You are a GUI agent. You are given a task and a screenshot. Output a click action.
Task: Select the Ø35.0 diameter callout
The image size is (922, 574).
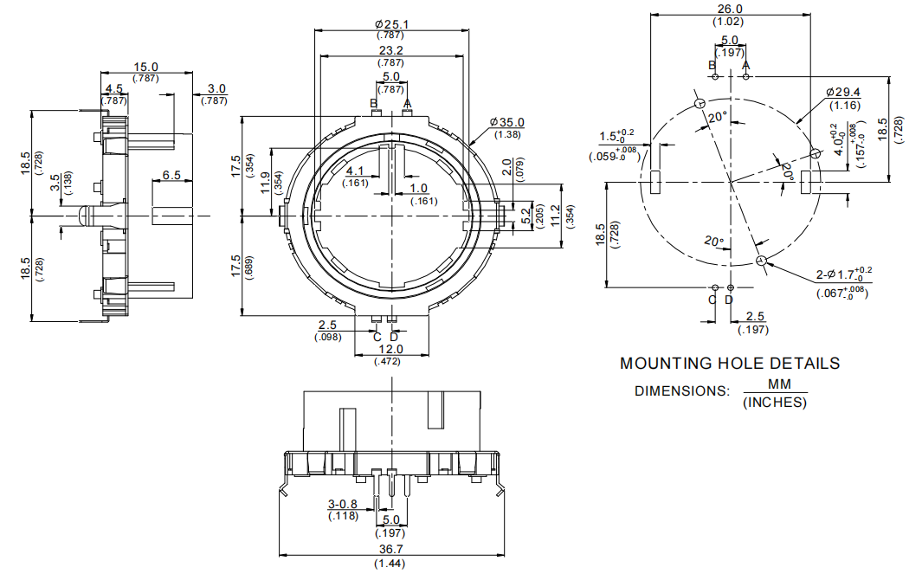pos(506,122)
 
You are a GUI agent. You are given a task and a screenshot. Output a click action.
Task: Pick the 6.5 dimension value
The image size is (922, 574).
pos(171,175)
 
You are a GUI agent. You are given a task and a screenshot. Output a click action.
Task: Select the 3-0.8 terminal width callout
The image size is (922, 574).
pos(344,505)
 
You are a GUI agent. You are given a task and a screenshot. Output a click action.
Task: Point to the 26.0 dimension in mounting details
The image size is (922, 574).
pos(732,8)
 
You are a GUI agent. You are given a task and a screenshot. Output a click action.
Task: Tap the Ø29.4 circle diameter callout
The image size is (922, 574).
pos(843,92)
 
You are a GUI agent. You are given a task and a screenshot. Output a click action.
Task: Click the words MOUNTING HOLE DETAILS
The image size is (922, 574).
pos(729,364)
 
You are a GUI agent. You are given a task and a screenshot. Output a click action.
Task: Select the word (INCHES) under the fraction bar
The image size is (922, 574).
pos(775,403)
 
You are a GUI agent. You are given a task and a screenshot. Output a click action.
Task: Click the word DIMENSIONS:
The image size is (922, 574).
pos(681,390)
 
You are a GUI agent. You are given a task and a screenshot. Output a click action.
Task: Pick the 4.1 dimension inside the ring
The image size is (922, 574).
pos(355,171)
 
